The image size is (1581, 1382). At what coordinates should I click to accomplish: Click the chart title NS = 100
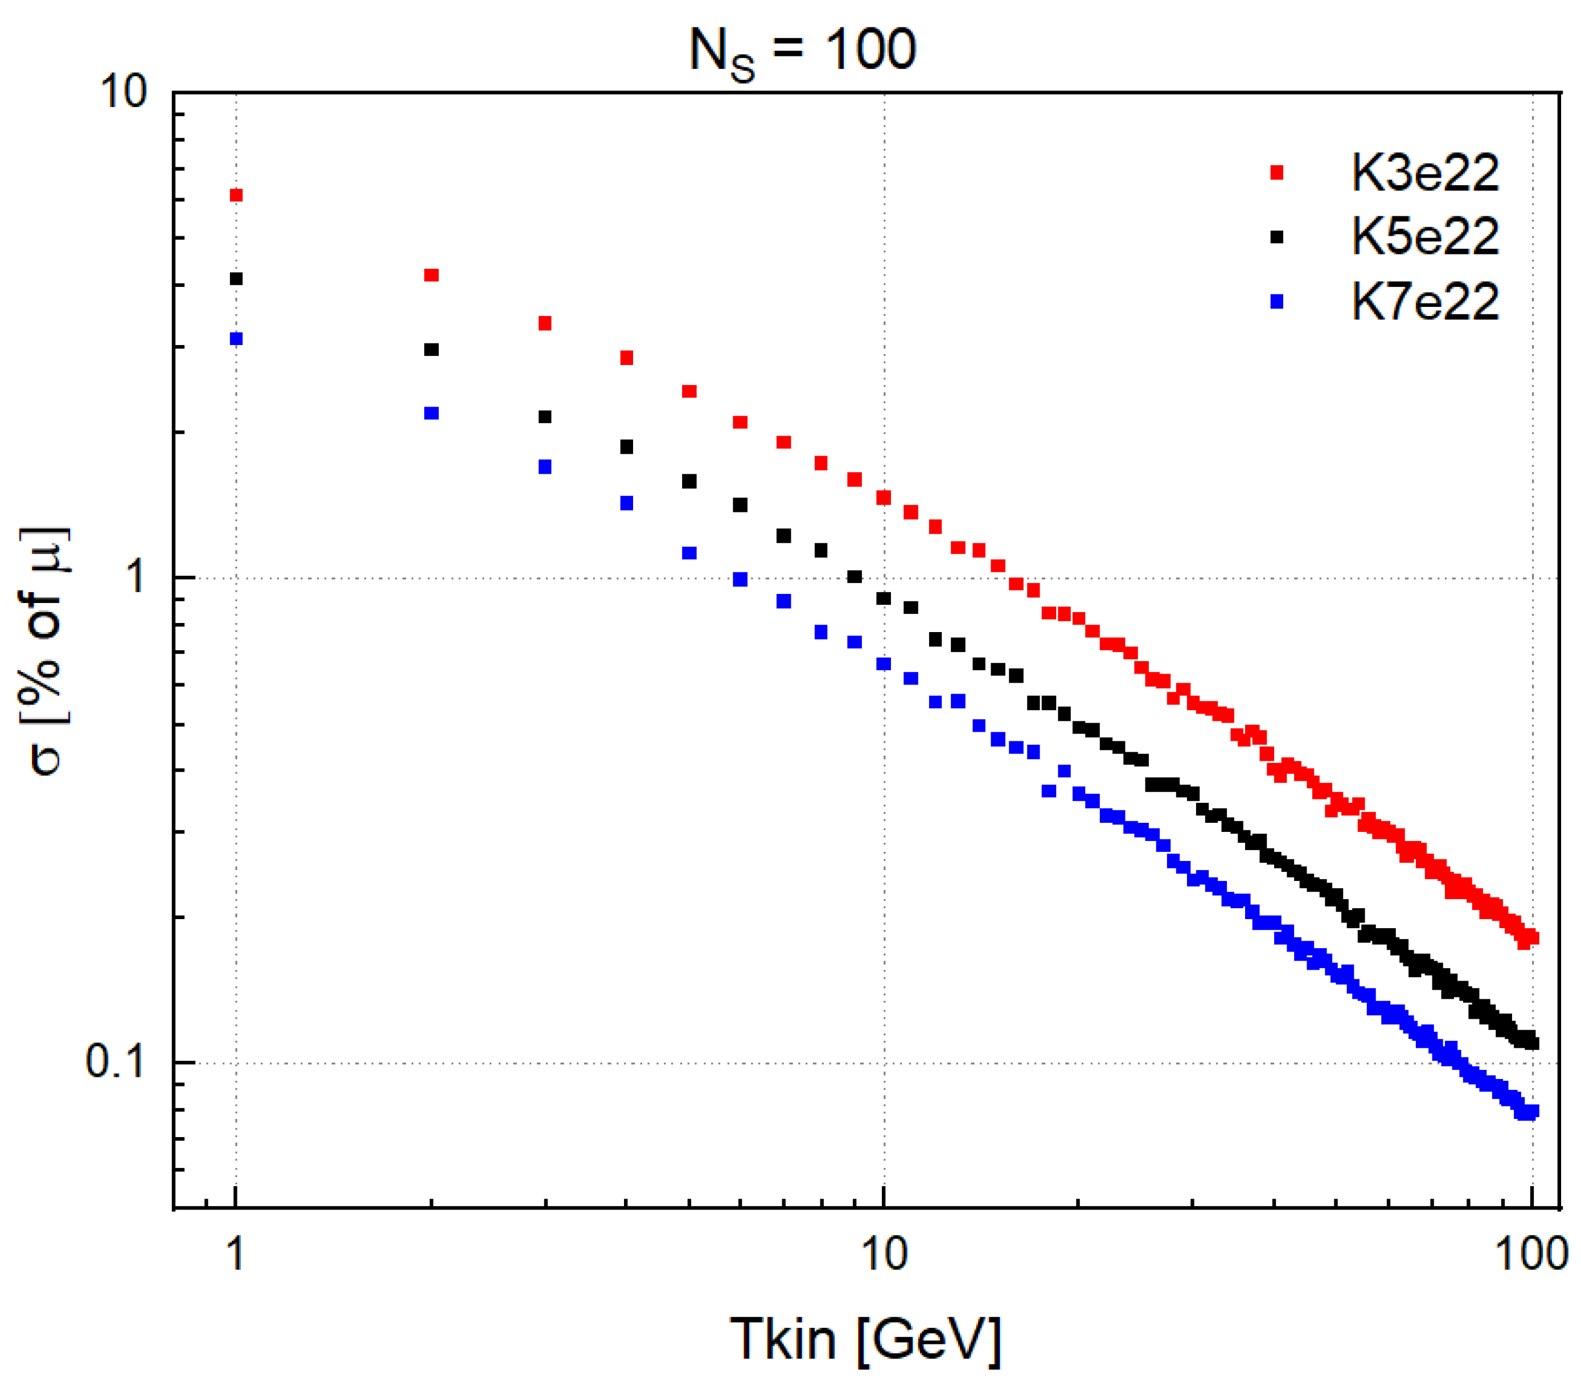pos(802,51)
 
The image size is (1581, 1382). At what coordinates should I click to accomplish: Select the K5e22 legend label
pos(1424,237)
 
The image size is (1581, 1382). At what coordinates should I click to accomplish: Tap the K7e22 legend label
pos(1424,302)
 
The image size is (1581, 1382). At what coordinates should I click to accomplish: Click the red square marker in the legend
pos(1276,173)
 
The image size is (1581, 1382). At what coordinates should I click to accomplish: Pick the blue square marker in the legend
pos(1276,302)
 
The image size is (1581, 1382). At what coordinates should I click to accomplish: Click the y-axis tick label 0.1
pos(115,1062)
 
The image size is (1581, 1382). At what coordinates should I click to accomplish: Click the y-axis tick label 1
pos(137,577)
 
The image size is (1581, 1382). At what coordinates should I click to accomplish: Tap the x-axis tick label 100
pos(1531,1254)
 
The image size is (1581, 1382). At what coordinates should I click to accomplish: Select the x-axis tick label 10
pos(884,1254)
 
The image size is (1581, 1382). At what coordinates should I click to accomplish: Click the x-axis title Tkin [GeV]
pos(865,1340)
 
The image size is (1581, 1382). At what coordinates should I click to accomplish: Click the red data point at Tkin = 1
pos(237,195)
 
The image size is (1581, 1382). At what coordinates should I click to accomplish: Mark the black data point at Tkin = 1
pos(237,278)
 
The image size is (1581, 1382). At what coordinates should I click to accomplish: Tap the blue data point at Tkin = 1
pos(237,339)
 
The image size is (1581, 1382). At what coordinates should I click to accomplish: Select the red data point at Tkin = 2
pos(432,276)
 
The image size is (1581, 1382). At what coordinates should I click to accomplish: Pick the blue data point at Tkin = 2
pos(432,413)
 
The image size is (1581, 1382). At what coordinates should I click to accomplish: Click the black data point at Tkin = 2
pos(432,350)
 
